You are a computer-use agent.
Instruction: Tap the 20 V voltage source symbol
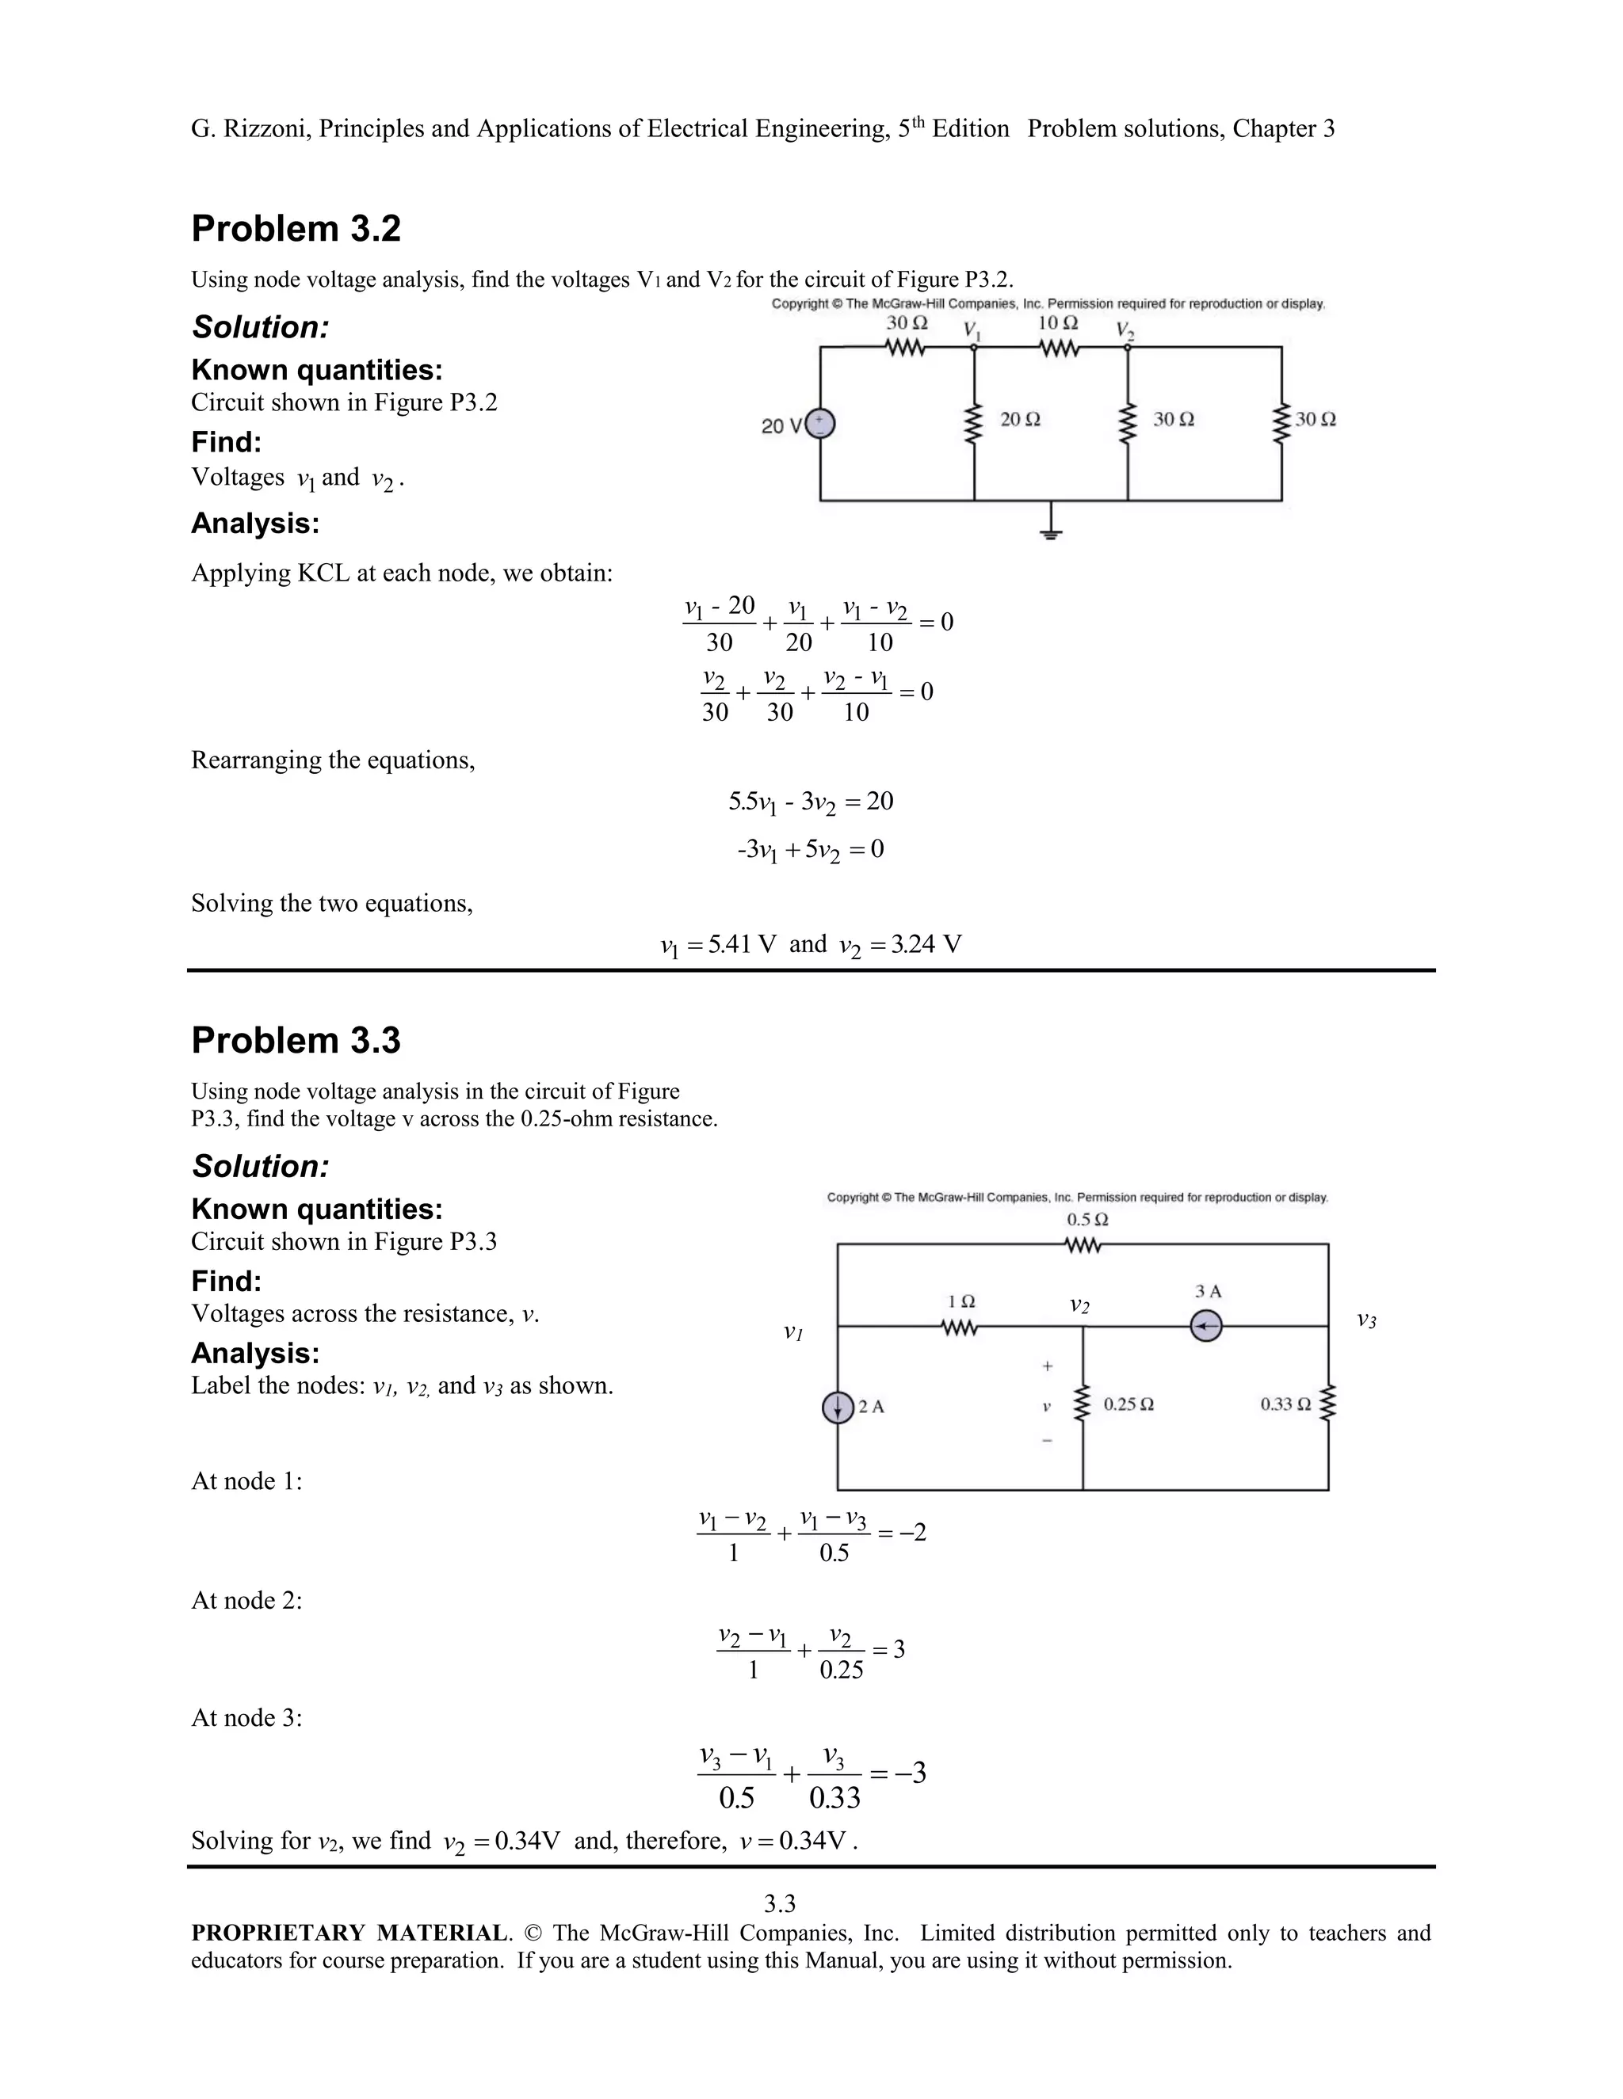[819, 424]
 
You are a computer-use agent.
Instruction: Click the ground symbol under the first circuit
[1051, 530]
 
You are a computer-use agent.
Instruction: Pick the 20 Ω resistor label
[1020, 419]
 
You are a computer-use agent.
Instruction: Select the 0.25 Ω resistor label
[1128, 1404]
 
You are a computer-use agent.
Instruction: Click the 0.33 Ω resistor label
[1285, 1404]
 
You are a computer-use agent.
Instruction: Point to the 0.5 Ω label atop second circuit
[1087, 1220]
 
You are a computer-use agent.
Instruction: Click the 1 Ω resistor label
[961, 1301]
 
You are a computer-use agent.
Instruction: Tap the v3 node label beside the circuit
[1366, 1320]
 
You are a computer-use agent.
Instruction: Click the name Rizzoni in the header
[265, 129]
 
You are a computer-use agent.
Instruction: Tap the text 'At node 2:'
[246, 1600]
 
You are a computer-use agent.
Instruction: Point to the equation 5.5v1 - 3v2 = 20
[811, 802]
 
